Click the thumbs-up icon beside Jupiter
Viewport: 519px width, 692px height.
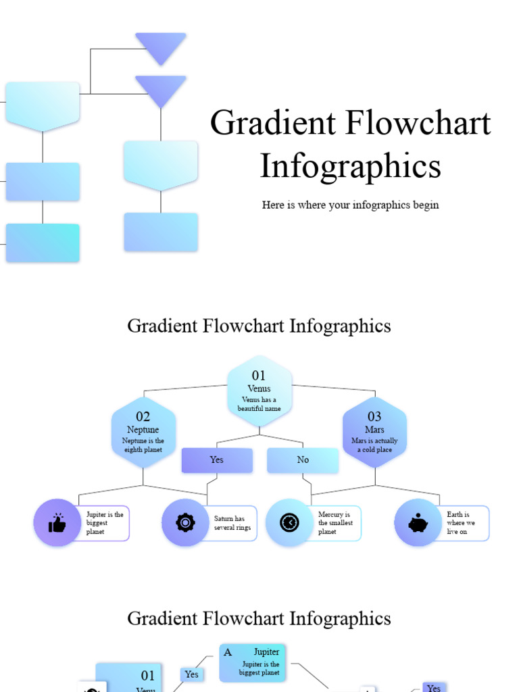57,522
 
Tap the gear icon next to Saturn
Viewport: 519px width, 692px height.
185,522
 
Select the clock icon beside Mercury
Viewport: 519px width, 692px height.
289,522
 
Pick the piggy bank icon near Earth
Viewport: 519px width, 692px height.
418,522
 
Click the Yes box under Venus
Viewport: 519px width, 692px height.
216,460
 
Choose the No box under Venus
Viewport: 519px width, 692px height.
303,460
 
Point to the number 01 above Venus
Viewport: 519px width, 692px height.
259,376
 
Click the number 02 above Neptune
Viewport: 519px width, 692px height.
143,417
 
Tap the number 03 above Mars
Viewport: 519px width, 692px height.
374,417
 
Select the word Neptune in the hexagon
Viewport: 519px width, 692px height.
143,430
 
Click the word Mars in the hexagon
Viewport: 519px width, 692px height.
374,430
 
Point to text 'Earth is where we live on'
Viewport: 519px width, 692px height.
461,523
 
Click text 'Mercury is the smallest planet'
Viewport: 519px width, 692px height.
335,523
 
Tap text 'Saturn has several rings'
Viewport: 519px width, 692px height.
232,523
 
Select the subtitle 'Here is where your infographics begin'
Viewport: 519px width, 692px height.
350,205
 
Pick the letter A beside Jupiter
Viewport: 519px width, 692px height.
228,652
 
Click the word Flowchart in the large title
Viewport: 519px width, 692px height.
419,124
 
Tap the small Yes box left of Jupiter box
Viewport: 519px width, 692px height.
192,674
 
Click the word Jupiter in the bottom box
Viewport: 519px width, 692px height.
266,652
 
